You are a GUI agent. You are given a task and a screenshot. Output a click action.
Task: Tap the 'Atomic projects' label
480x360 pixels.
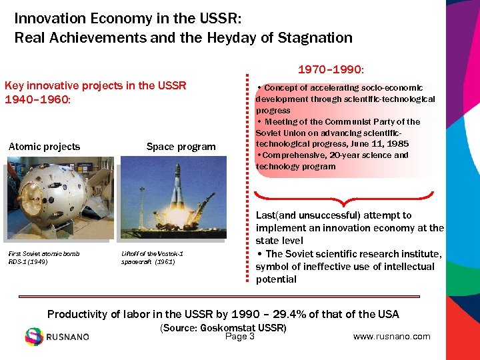tap(44, 147)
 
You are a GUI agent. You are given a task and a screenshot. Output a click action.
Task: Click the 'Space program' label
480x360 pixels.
tap(181, 147)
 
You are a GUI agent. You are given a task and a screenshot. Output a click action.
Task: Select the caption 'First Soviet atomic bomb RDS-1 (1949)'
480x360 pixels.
tap(43, 257)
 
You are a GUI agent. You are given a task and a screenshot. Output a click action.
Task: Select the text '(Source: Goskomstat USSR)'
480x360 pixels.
tap(223, 328)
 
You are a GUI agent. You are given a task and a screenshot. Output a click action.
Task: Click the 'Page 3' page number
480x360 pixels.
tap(240, 337)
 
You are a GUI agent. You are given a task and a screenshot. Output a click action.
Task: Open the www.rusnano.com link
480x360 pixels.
tap(391, 337)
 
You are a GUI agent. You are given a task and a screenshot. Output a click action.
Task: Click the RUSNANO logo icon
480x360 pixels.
tap(34, 337)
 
